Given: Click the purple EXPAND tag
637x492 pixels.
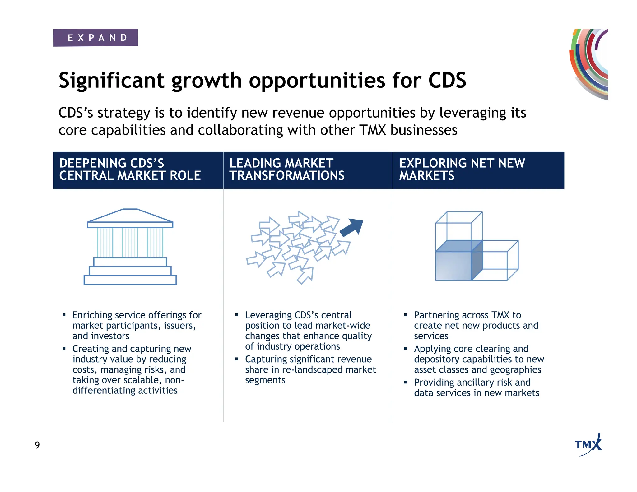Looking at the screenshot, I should tap(95, 38).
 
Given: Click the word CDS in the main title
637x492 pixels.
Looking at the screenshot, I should tap(447, 80).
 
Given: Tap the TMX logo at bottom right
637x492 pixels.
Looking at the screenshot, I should tap(588, 445).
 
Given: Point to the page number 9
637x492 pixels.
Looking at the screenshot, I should tap(37, 445).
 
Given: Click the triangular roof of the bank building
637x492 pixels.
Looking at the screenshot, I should tap(130, 215).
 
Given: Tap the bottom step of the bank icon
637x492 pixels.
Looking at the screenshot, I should tap(130, 280).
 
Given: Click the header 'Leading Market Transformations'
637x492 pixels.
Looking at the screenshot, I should tap(286, 169).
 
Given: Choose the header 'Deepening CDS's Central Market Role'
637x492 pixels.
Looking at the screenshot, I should tap(130, 169).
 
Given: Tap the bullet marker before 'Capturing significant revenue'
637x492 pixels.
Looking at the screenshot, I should tap(237, 359).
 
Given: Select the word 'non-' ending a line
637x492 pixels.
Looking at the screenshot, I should tap(174, 380).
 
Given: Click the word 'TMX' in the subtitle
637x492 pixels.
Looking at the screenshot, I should tap(372, 130).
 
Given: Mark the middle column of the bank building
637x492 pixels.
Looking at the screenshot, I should tap(130, 242).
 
